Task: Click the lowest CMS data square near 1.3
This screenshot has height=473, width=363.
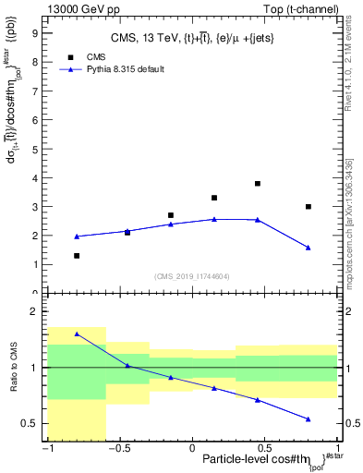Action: click(x=77, y=256)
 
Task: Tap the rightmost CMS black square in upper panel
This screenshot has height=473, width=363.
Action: click(x=309, y=207)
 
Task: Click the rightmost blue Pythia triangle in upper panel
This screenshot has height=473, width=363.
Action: click(x=309, y=248)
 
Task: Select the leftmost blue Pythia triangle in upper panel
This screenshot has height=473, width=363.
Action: click(x=77, y=236)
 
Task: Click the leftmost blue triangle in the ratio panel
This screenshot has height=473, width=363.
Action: click(x=77, y=334)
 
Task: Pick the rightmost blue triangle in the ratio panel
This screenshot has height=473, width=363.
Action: click(x=309, y=418)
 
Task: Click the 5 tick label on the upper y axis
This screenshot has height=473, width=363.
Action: click(x=36, y=149)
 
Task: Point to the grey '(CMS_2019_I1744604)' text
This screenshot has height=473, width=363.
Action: click(x=192, y=276)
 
